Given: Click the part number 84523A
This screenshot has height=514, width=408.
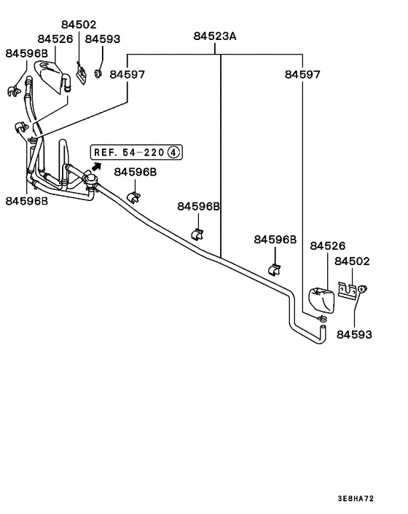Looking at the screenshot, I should coord(216,36).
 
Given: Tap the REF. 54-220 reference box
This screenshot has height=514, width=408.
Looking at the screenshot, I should coord(136,152).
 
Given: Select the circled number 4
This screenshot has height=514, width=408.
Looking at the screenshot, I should coord(173,152).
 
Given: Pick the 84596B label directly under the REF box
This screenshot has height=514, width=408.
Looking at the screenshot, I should coord(134,172).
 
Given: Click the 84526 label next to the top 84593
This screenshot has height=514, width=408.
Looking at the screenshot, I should coord(55,39).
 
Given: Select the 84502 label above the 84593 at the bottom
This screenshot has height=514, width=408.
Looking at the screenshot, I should coord(352,261).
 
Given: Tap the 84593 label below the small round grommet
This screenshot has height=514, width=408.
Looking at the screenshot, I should coord(354,335).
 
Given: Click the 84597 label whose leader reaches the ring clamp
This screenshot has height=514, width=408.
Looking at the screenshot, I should coord(302,74).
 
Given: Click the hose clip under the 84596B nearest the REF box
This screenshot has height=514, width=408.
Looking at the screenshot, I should coord(133,197).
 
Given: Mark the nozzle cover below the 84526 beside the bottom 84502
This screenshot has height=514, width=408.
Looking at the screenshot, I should coord(321,298).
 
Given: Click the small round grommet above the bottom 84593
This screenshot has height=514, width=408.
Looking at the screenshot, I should coord(362,290).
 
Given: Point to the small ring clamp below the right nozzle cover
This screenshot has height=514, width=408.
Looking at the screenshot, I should coord(322,318).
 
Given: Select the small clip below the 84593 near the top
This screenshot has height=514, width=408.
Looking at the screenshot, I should coord(98,72).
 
